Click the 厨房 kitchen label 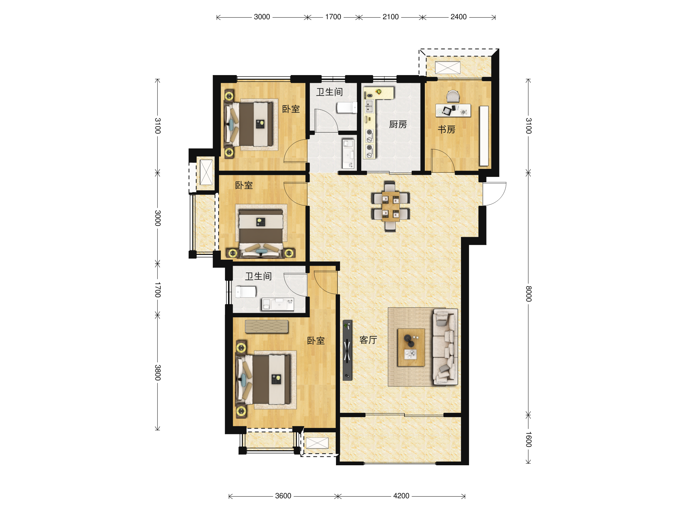398,125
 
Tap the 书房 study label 446,129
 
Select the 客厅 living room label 368,340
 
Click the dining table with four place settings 390,206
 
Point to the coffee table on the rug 411,347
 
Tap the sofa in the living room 445,347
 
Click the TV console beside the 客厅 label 347,350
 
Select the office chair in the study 453,96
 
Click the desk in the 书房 453,110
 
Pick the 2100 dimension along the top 390,17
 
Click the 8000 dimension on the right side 528,294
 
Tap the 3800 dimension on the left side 158,373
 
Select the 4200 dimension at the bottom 401,496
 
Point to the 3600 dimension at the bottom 283,496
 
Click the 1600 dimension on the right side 528,439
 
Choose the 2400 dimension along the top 458,17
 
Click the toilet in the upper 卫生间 347,107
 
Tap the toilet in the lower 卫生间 246,292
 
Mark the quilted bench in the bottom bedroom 267,326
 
